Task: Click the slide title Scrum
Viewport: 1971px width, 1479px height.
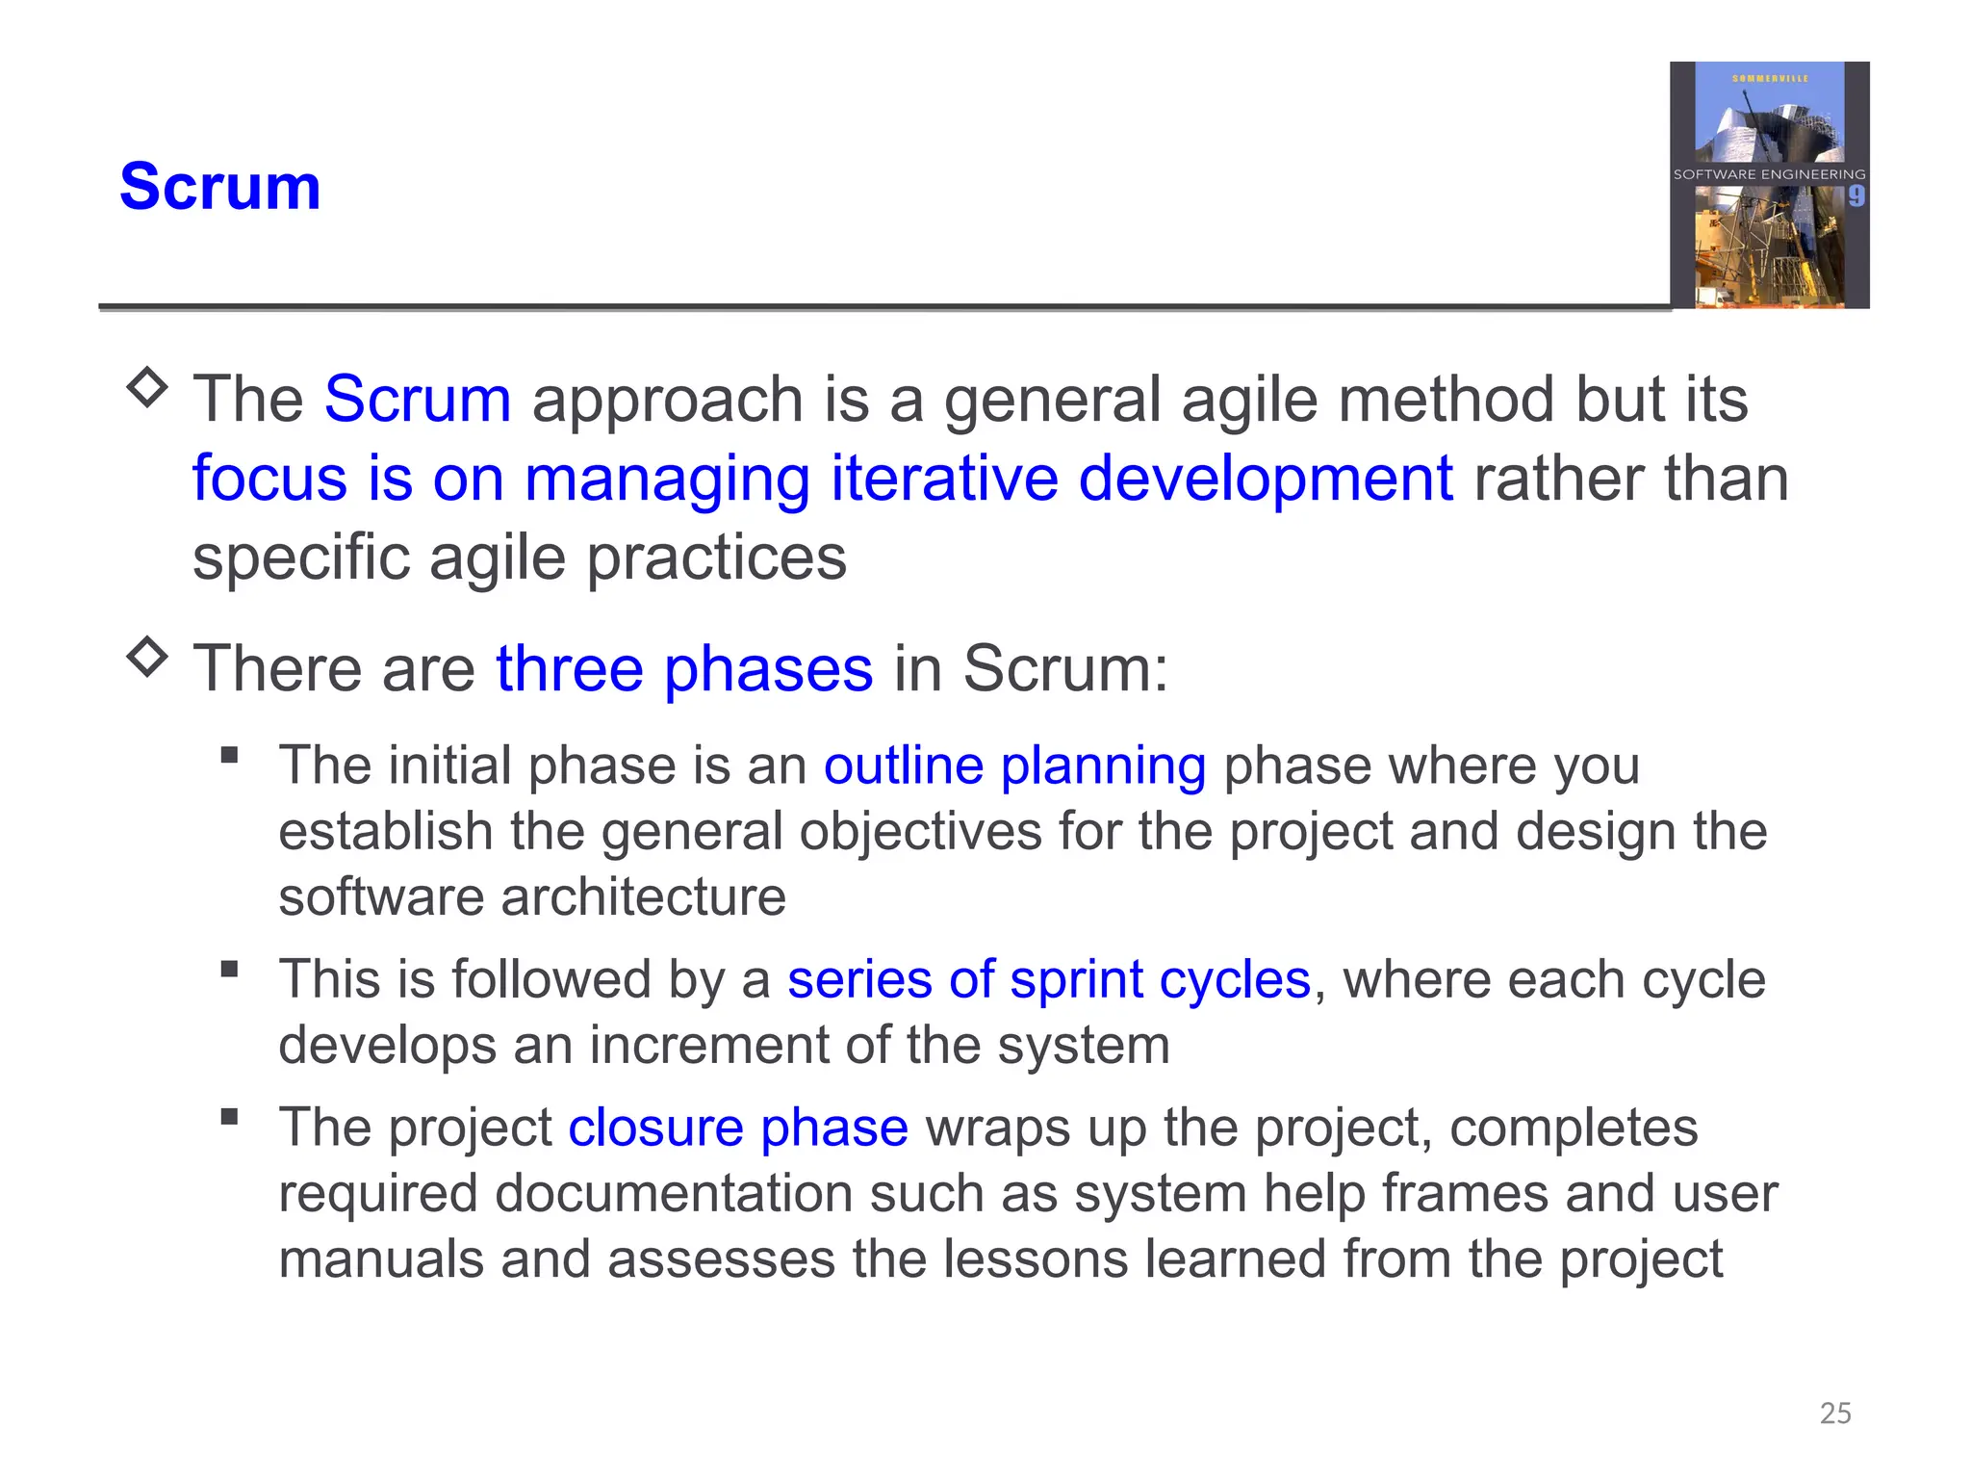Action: coord(219,187)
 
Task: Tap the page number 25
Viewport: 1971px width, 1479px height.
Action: coord(1835,1413)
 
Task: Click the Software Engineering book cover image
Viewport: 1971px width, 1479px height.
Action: coord(1769,185)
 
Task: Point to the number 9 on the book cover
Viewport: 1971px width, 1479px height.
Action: coord(1856,196)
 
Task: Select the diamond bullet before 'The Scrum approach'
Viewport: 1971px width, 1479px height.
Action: coord(147,387)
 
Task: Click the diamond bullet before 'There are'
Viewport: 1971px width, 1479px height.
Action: coord(147,657)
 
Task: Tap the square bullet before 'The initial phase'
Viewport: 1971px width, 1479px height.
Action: coord(229,755)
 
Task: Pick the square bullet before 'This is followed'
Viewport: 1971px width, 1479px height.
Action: coord(229,969)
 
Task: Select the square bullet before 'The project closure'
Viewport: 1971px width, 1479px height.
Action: coord(229,1117)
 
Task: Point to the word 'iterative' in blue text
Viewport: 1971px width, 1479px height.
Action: coord(944,479)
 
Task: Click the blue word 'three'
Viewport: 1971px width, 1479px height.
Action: coord(569,668)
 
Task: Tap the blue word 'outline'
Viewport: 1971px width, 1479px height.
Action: coord(903,766)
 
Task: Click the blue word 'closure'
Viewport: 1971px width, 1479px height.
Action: coord(655,1128)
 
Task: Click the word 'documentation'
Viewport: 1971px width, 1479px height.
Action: coord(674,1194)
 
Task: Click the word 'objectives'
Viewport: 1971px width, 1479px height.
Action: coord(920,832)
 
